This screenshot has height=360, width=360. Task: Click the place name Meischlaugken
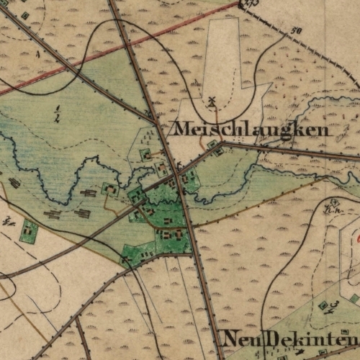pos(251,130)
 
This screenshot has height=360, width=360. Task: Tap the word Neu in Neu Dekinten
pos(238,338)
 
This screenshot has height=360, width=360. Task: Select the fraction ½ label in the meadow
pos(56,112)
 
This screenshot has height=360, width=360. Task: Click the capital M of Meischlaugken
pos(181,129)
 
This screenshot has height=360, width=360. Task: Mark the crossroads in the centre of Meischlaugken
pos(179,174)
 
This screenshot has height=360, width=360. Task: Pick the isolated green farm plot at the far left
pos(29,232)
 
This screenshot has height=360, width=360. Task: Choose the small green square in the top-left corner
pos(25,15)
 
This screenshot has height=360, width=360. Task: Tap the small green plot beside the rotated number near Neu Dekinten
pos(323,305)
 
